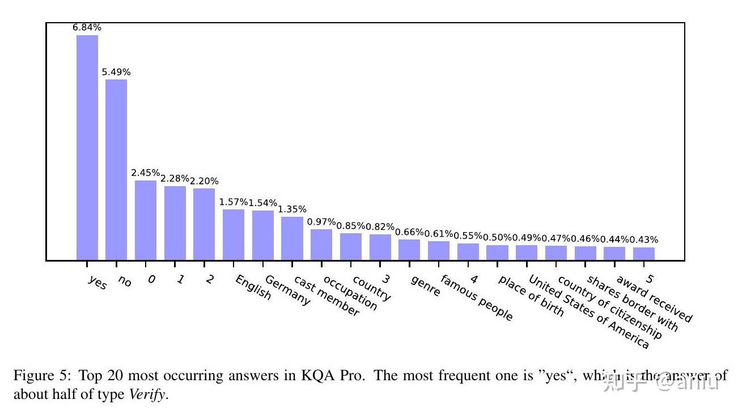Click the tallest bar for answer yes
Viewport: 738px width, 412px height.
87,148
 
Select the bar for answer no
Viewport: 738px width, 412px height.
116,170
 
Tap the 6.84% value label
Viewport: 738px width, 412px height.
87,27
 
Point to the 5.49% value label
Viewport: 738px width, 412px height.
116,72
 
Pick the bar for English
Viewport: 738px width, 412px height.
234,235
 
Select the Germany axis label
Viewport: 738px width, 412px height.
287,291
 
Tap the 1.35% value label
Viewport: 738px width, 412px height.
292,209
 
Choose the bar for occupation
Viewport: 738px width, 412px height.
321,245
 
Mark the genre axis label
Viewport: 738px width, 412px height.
425,286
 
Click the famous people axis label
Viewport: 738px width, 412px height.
476,297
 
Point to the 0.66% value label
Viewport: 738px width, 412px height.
409,232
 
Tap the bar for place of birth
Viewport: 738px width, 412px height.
497,253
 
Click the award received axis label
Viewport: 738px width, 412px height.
654,299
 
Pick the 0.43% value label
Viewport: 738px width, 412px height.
644,240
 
